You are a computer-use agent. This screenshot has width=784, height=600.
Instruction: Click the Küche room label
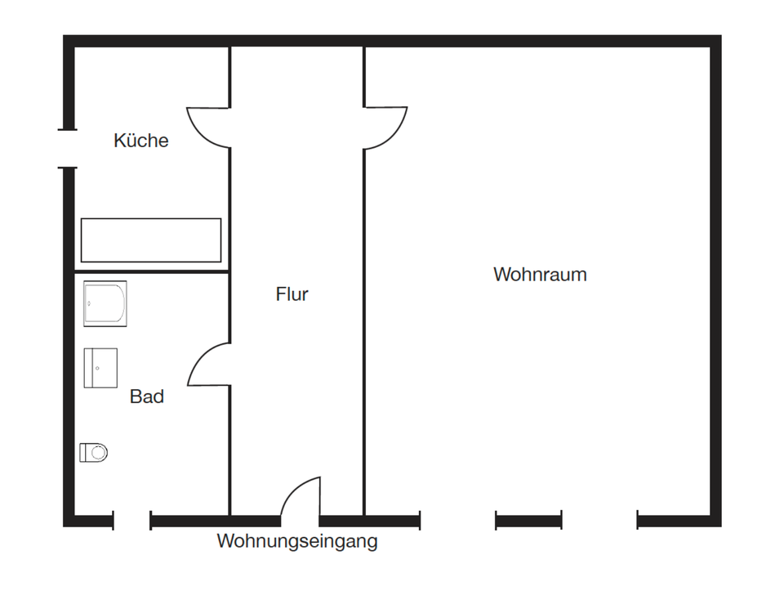[x=141, y=141]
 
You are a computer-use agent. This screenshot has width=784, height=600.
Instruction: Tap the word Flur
[x=292, y=294]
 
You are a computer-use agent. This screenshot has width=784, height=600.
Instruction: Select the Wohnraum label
[x=540, y=275]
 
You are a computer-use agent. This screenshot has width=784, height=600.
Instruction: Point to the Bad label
[x=147, y=397]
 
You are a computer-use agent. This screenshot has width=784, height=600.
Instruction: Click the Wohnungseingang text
[x=297, y=541]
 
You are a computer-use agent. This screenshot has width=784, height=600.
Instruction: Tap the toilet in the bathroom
[x=94, y=452]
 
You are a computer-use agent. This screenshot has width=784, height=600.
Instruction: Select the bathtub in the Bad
[x=105, y=304]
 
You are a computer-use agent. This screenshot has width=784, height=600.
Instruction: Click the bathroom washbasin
[x=100, y=368]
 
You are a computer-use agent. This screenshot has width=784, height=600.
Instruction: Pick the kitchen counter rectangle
[x=151, y=240]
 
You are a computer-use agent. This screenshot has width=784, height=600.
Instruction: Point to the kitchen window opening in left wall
[x=69, y=149]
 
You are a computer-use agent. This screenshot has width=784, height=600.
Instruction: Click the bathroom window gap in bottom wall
[x=132, y=521]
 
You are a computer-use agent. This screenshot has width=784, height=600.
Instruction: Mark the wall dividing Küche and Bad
[x=151, y=271]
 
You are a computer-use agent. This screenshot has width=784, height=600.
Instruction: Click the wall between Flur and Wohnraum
[x=364, y=327]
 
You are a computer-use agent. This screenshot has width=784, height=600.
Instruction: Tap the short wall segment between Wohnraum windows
[x=528, y=521]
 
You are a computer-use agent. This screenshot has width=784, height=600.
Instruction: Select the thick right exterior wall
[x=715, y=278]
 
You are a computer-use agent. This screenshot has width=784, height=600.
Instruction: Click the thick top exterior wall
[x=392, y=41]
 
